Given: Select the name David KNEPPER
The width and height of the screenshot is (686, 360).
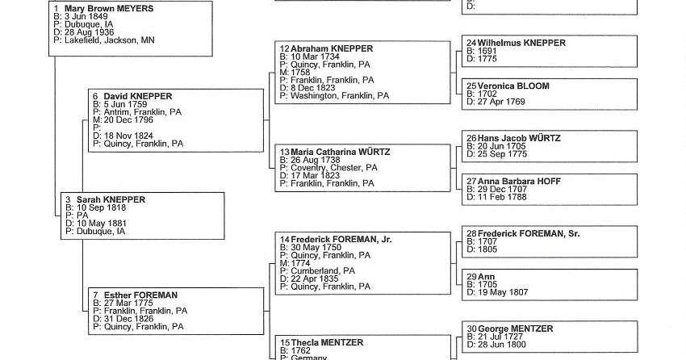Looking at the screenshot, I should [138, 96].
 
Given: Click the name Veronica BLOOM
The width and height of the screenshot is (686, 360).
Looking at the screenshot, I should [513, 86].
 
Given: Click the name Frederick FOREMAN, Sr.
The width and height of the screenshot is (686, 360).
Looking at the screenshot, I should [529, 233].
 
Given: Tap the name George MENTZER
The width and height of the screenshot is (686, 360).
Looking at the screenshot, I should [515, 329].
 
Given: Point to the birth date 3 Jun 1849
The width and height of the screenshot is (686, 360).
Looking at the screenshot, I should [88, 16].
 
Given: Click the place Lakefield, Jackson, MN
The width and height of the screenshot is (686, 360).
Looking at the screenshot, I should [110, 40].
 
